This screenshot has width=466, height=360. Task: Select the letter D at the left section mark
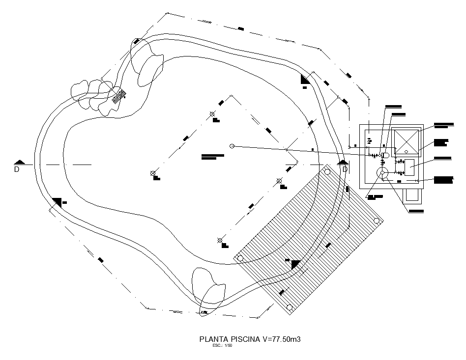pos(16,169)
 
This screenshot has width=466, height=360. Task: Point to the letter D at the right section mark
pos(345,169)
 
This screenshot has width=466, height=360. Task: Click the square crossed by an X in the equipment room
pos(407,142)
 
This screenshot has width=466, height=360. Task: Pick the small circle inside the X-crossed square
pos(407,151)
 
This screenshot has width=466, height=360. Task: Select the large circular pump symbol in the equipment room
pos(382,172)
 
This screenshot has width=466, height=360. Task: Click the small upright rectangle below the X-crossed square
pos(409,167)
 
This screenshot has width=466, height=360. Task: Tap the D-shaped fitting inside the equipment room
pos(386,155)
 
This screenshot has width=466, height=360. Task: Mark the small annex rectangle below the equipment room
pos(412,196)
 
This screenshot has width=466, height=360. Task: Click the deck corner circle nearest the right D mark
pos(326,171)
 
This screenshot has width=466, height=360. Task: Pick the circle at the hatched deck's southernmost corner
pos(290,307)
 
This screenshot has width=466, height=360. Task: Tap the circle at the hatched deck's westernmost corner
pos(240,258)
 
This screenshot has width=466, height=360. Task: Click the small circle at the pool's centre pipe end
pos(233,146)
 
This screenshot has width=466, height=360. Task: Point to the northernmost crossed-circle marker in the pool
pos(212,114)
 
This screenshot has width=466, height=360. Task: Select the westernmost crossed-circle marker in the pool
pos(153,173)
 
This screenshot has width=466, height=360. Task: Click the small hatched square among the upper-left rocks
pos(117,96)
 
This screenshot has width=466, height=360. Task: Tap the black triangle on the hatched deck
pos(295,264)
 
